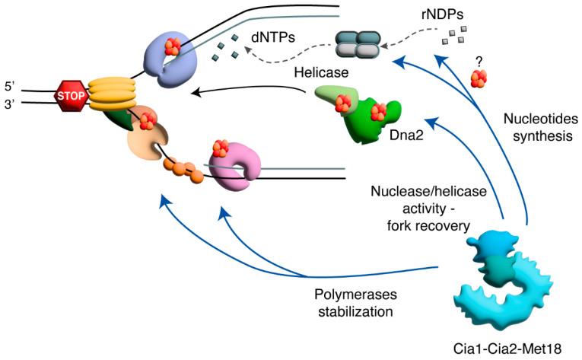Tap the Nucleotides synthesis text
point(540,126)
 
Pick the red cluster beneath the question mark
point(480,77)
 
